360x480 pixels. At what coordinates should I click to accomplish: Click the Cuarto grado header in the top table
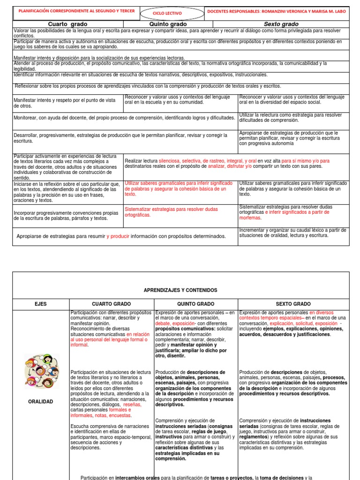pos(67,24)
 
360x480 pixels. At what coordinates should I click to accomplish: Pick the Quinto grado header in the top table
pos(168,24)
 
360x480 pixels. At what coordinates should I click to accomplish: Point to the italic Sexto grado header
pos(281,24)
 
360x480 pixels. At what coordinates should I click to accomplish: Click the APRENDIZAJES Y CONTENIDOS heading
pos(180,290)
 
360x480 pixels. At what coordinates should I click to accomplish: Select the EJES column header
pos(41,304)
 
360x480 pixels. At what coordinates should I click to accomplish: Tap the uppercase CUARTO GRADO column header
pos(112,304)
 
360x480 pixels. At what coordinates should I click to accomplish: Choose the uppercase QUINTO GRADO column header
pos(196,304)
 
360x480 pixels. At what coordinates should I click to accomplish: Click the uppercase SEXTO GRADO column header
pos(293,304)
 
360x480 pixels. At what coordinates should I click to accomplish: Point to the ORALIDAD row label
pos(41,402)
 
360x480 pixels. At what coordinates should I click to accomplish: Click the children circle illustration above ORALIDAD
pos(41,371)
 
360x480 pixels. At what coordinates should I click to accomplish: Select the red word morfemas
pos(250,218)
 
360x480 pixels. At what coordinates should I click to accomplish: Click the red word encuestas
pos(120,415)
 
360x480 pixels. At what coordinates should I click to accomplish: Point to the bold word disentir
pos(176,355)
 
